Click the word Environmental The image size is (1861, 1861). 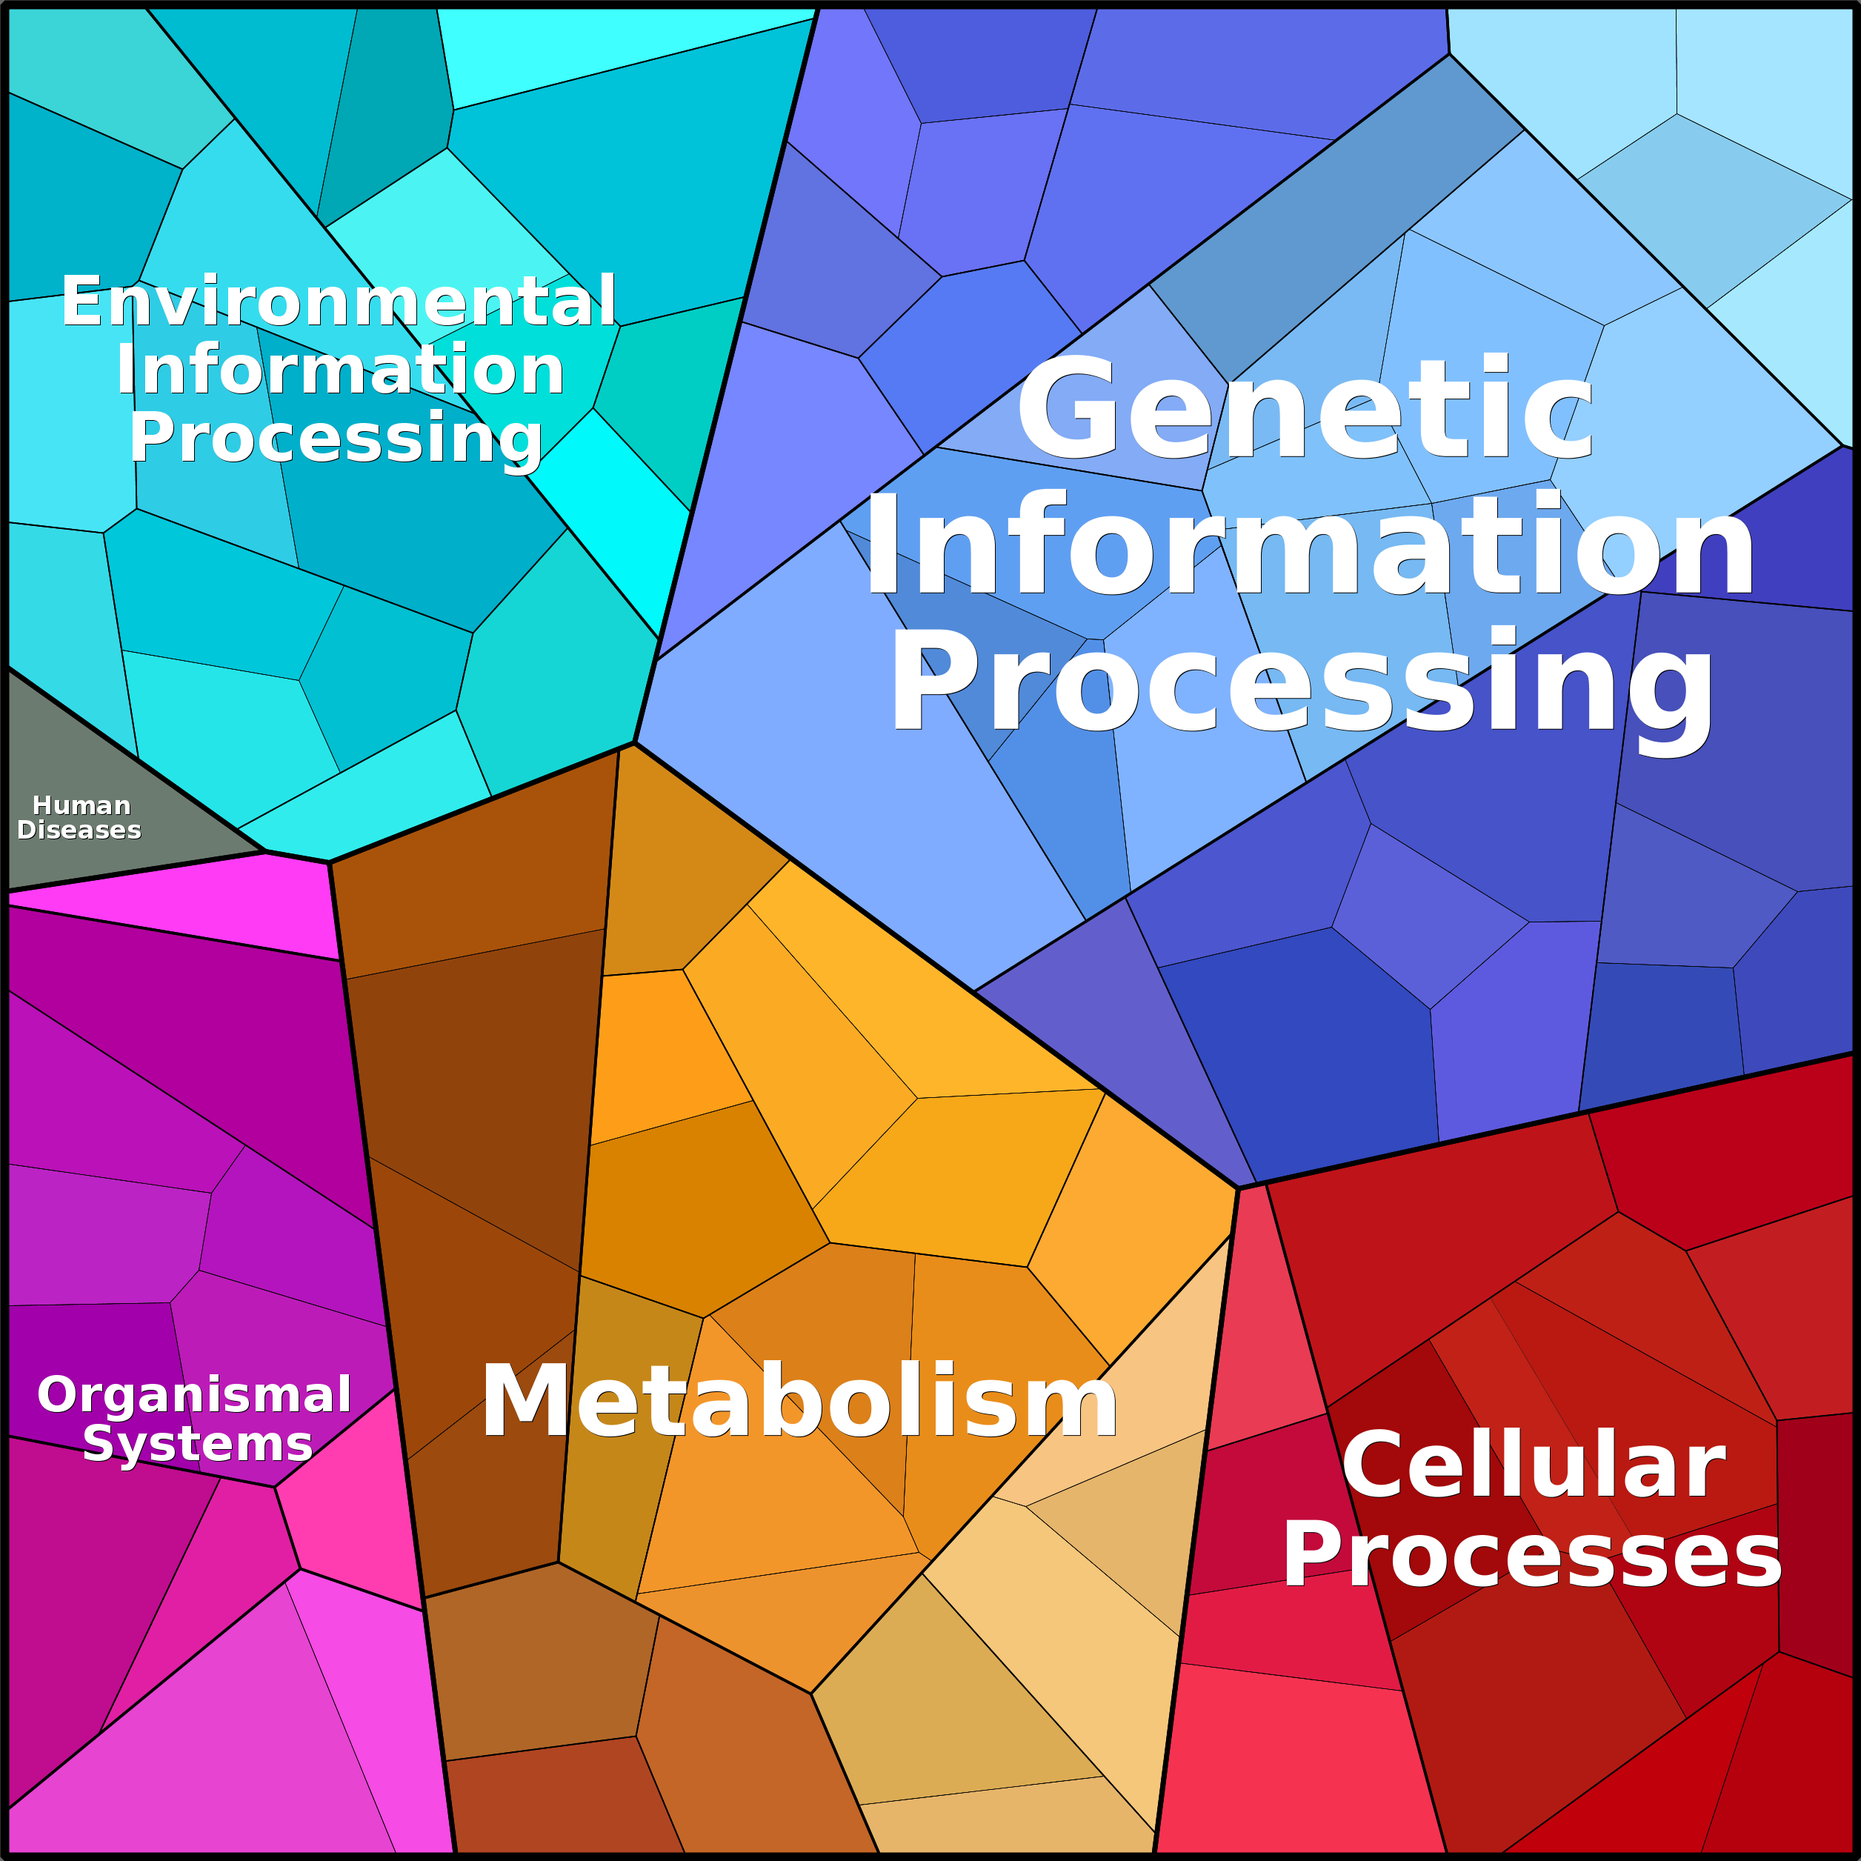(339, 302)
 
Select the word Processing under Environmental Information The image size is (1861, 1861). (336, 439)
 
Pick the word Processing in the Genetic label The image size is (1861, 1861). (1300, 682)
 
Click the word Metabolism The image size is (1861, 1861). (799, 1402)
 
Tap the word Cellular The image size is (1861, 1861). (1533, 1466)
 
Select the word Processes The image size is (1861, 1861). (1531, 1557)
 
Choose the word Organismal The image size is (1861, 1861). (195, 1395)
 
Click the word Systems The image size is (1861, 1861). (198, 1444)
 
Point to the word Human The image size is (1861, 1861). (81, 805)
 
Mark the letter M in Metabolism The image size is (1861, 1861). (525, 1402)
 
